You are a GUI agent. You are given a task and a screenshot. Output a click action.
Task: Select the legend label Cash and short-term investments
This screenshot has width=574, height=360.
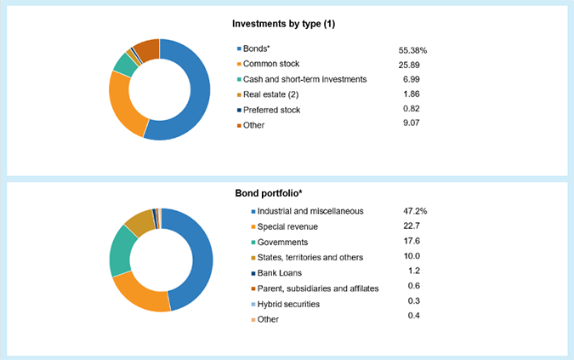pos(305,79)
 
